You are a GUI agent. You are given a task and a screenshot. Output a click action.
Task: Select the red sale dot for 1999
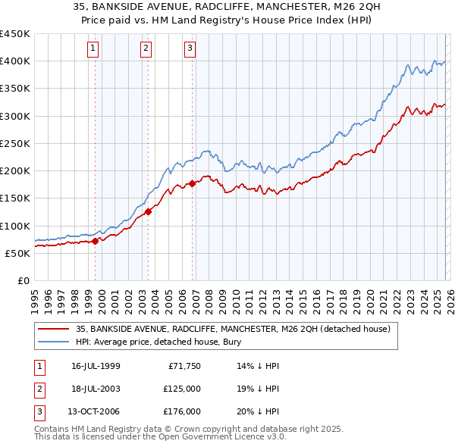pyautogui.click(x=96, y=242)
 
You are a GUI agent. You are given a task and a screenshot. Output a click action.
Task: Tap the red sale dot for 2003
pyautogui.click(x=149, y=212)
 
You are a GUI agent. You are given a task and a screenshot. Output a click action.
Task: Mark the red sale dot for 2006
pyautogui.click(x=193, y=183)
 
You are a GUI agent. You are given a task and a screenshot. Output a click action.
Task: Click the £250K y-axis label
pyautogui.click(x=15, y=143)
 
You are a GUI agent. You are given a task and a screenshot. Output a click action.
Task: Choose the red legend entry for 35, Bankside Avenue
pyautogui.click(x=233, y=329)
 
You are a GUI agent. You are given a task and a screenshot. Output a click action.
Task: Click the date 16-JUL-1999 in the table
pyautogui.click(x=96, y=365)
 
